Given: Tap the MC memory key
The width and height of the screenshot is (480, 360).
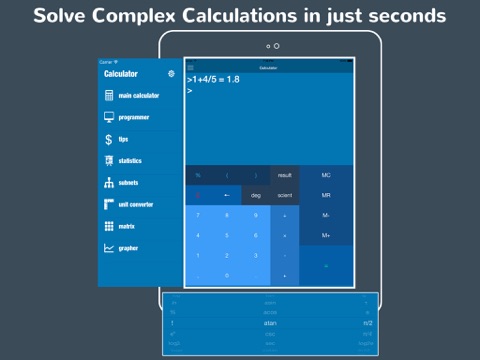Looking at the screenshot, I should click(x=326, y=175).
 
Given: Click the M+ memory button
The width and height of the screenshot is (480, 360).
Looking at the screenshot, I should click(x=326, y=235).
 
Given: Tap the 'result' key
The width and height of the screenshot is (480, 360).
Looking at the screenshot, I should click(x=285, y=175).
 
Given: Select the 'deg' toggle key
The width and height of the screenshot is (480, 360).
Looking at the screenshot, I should click(x=256, y=195).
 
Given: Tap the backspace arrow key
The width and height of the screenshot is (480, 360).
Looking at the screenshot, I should click(x=227, y=195).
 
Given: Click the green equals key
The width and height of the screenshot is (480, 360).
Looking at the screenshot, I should click(x=326, y=265).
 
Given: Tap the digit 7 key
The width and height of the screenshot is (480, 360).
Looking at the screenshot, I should click(x=198, y=215).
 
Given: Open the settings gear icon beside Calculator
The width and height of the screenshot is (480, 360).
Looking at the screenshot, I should click(x=171, y=74).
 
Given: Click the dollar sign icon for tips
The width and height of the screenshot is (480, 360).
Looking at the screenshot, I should click(x=109, y=139).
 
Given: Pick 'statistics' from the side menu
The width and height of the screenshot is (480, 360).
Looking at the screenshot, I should click(x=129, y=161).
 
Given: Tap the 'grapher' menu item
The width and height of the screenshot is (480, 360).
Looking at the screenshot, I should click(x=128, y=248).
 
